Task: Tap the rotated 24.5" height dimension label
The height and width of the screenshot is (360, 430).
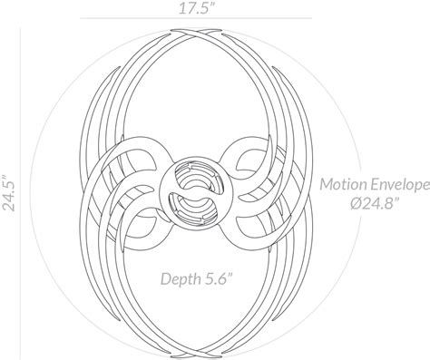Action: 11,192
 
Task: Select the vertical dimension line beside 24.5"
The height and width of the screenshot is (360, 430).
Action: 28,192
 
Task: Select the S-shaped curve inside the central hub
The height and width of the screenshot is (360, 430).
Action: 192,192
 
